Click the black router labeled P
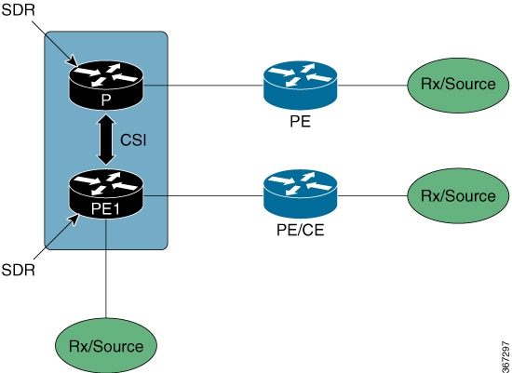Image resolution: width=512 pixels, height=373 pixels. [x=106, y=86]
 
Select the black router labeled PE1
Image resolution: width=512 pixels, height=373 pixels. [x=106, y=194]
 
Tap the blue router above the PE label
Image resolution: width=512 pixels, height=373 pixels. [x=300, y=86]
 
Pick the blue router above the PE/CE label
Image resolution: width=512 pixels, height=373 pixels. [x=300, y=194]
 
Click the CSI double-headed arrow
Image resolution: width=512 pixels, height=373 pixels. [x=106, y=140]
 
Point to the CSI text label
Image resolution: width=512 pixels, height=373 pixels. [x=133, y=140]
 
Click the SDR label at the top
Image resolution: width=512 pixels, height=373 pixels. [x=18, y=10]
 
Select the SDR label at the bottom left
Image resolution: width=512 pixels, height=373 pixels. [x=18, y=270]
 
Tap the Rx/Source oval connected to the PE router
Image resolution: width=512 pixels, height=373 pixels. [x=458, y=86]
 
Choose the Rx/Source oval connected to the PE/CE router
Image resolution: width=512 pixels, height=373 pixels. [x=458, y=195]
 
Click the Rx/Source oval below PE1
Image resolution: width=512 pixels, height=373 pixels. [x=106, y=345]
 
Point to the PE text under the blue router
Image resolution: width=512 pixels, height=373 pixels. [x=300, y=122]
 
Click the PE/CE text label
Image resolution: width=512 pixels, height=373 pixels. [x=300, y=230]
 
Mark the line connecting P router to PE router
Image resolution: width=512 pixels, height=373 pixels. [x=204, y=86]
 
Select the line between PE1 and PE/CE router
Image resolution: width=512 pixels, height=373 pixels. [x=204, y=195]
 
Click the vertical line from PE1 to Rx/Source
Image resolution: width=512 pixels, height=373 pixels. [x=106, y=268]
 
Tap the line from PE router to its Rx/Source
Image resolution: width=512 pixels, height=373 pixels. [x=372, y=86]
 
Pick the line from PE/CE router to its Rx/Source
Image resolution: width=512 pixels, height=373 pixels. [x=372, y=195]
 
